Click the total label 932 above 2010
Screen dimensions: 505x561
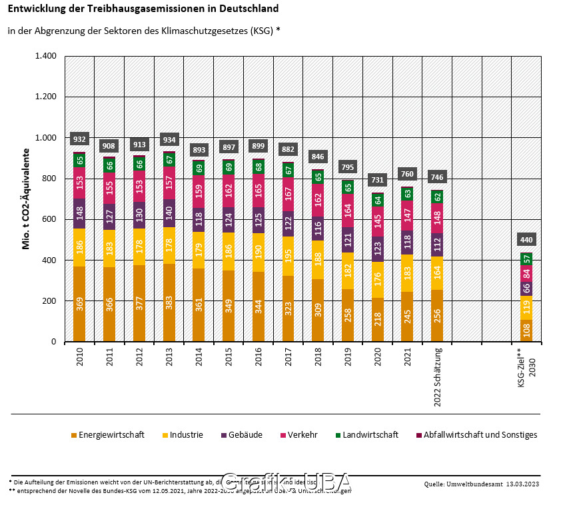(79, 139)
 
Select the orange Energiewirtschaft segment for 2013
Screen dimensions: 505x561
(169, 302)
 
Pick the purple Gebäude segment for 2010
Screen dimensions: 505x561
(79, 213)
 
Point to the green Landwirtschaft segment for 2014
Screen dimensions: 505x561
(199, 168)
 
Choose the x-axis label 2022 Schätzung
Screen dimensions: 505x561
(438, 377)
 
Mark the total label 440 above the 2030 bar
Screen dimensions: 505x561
(527, 240)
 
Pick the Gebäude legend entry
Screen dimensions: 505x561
(244, 435)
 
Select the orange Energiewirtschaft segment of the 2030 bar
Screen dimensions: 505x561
(527, 330)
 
